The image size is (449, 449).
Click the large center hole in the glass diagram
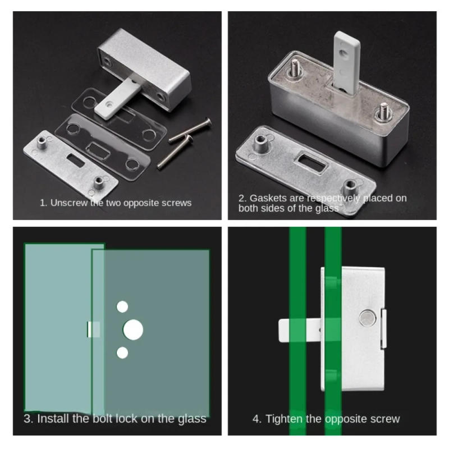133,329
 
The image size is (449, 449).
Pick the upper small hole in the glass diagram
122,306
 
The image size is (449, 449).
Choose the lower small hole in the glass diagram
122,352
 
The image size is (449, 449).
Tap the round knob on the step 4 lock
367,318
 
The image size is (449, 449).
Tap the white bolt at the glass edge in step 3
93,329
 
